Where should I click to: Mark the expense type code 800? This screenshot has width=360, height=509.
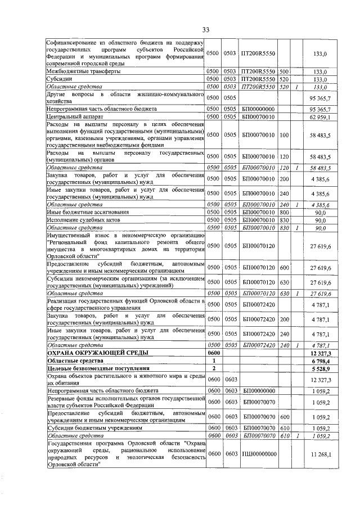click(284, 212)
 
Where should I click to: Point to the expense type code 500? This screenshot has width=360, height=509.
click(284, 72)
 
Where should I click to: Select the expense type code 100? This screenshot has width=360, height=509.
click(284, 136)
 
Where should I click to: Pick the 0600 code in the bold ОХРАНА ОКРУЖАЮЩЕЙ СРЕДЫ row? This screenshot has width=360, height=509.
click(214, 353)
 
